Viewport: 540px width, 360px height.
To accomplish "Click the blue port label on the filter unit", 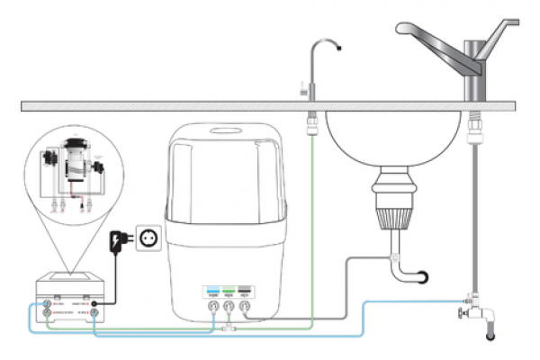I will coord(212,292).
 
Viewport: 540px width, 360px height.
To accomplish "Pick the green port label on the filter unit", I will coord(229,292).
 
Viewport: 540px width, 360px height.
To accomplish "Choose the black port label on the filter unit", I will coord(245,292).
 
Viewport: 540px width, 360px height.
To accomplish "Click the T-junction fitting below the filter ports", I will coord(227,330).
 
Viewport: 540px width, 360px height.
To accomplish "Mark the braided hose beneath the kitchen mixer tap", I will coord(473,198).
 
